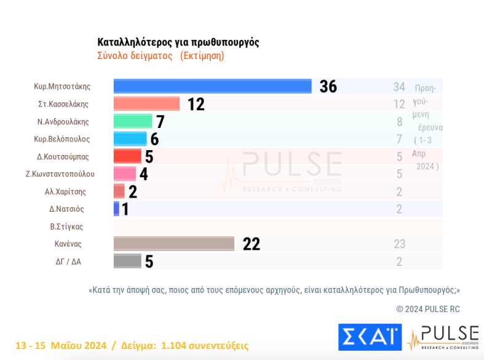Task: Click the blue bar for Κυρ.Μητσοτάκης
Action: coord(213,86)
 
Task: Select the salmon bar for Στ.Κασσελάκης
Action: coord(147,103)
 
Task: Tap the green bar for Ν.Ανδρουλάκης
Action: coord(133,121)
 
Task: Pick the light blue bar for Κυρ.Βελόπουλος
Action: coord(130,138)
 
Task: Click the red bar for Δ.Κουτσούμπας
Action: coord(128,156)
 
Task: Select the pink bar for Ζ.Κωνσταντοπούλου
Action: coord(125,174)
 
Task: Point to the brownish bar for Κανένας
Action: coord(174,244)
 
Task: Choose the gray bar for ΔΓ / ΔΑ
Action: coord(127,261)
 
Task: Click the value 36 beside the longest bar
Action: coord(328,87)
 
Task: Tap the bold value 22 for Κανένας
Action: coord(252,244)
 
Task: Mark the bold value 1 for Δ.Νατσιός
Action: coord(125,209)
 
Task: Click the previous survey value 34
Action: coord(399,87)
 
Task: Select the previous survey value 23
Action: coord(399,244)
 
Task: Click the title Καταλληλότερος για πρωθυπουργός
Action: coord(178,42)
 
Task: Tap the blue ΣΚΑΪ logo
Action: coord(370,337)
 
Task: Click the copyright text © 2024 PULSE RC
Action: coord(427,309)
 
